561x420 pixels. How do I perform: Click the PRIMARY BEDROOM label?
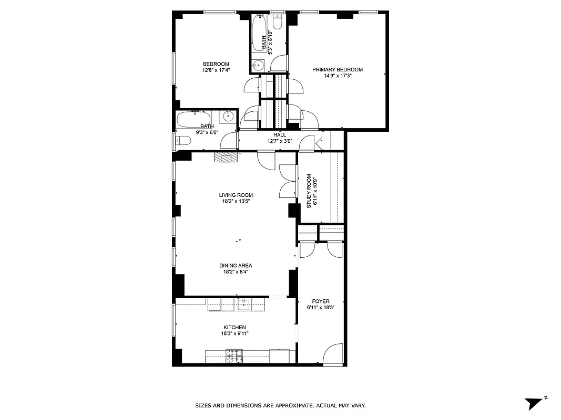click(x=337, y=69)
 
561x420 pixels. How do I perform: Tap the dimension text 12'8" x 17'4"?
click(x=216, y=70)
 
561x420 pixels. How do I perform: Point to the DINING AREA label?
click(x=236, y=266)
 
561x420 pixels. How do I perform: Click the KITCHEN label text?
click(x=234, y=328)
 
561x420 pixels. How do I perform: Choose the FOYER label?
click(x=321, y=301)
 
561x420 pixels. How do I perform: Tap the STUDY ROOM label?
click(x=309, y=191)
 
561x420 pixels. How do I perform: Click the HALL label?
click(x=279, y=135)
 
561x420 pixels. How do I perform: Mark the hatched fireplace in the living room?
click(x=226, y=157)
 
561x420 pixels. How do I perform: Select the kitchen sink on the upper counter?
click(x=243, y=303)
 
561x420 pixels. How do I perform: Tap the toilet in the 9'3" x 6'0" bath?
click(x=182, y=141)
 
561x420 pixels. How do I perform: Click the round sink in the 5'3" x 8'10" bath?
click(x=258, y=66)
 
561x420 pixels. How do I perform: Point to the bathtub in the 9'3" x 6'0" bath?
click(x=194, y=119)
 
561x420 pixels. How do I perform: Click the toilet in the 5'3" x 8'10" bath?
click(x=278, y=21)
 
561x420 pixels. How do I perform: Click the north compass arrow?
click(x=534, y=403)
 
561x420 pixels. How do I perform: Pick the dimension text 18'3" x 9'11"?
click(x=234, y=333)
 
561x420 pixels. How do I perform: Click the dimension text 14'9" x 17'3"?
click(x=337, y=76)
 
